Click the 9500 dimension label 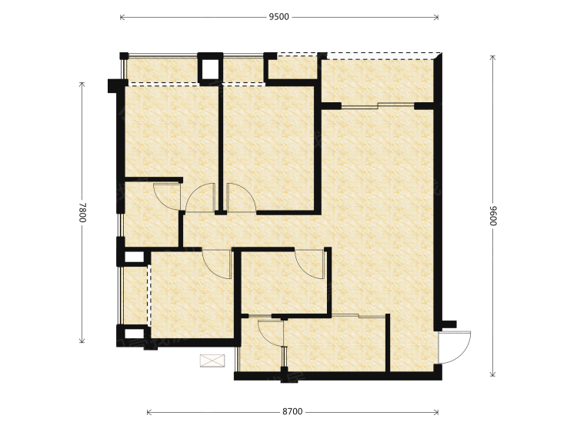(x=279, y=17)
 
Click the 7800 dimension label (x=82, y=212)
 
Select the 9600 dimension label (x=492, y=215)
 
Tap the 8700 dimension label (x=292, y=412)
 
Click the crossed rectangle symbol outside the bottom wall (x=212, y=361)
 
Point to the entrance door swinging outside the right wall (x=455, y=347)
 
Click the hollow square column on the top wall (x=211, y=68)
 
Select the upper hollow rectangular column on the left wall (x=134, y=257)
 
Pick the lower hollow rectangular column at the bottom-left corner (x=134, y=334)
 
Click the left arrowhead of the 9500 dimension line (x=122, y=17)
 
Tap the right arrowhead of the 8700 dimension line (x=436, y=412)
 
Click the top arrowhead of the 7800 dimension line (x=82, y=85)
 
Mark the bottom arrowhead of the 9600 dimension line (x=492, y=374)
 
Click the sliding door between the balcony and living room (x=378, y=106)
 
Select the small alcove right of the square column (x=292, y=68)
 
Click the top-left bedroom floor (x=172, y=131)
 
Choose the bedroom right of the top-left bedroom (x=268, y=147)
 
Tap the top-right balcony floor (x=378, y=80)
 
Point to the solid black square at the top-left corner (x=124, y=56)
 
